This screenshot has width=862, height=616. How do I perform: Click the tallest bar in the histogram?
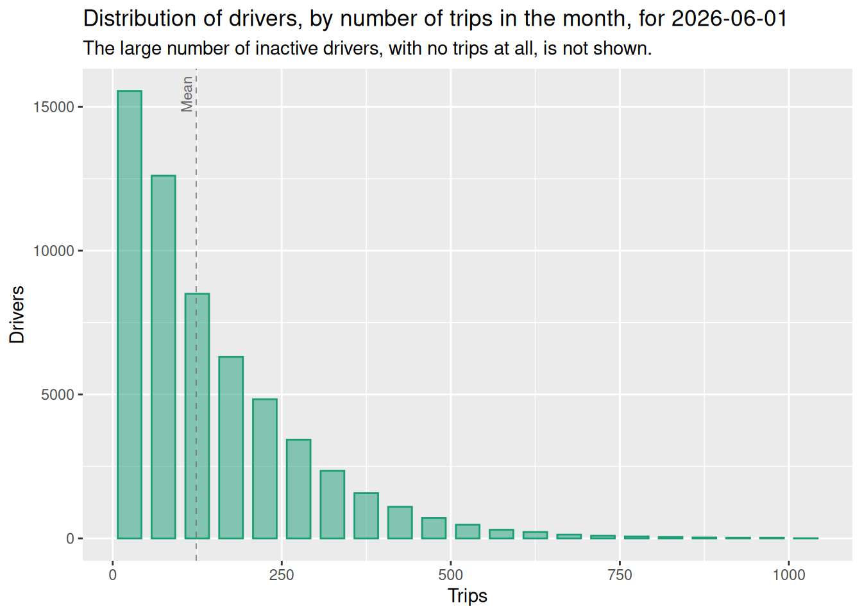pos(130,314)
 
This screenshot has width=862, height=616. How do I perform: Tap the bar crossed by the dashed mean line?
pos(197,416)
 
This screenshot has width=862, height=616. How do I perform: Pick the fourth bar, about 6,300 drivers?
pos(231,448)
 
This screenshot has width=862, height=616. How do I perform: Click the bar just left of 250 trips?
pos(265,469)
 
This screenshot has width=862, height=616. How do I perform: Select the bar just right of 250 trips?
pos(299,489)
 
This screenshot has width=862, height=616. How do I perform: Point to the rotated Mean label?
pos(187,94)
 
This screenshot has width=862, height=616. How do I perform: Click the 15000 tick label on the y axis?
pos(53,107)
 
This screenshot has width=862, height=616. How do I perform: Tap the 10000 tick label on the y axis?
pos(53,251)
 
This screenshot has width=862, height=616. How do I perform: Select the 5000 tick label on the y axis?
pos(58,395)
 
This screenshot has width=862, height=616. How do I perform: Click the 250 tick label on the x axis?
pos(282,575)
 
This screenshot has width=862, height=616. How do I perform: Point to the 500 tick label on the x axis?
pos(450,575)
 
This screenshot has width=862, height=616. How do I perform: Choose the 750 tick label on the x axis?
pos(620,575)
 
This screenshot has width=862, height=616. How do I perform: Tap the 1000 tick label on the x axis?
pos(789,575)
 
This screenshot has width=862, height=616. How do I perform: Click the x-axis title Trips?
pos(467,596)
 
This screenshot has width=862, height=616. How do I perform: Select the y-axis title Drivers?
pos(17,314)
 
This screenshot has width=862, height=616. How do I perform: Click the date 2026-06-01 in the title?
pos(729,19)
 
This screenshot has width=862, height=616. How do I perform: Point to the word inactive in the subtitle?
pos(286,49)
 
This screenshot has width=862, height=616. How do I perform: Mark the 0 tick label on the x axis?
pos(112,575)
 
